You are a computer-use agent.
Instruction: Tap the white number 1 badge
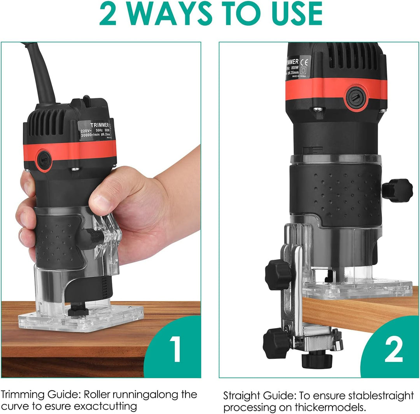tap(176, 349)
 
